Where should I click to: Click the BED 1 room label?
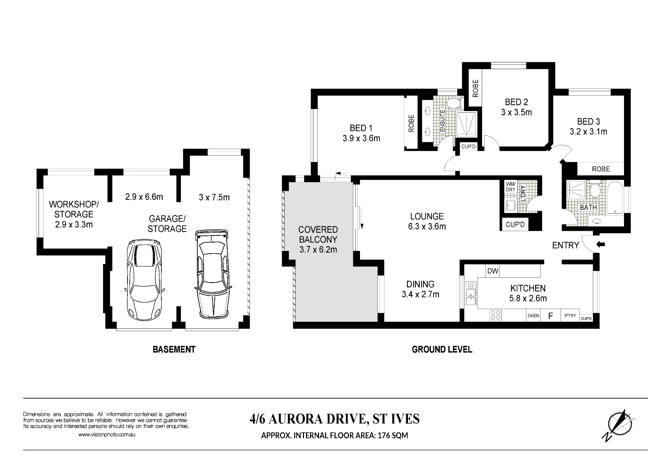pos(361,128)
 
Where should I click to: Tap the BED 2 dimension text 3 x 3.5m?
pos(517,112)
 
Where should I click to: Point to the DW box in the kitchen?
pos(493,271)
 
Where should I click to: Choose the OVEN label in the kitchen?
pos(533,316)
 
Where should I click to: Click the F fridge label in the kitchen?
pos(550,316)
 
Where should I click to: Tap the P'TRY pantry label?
pos(570,316)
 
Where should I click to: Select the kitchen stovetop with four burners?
pos(496,315)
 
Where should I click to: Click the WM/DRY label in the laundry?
pos(510,187)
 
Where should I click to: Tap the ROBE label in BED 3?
pos(601,169)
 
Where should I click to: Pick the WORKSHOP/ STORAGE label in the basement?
pos(74,209)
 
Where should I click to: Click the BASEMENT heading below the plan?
pos(174,350)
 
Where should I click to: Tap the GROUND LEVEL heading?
pos(442,350)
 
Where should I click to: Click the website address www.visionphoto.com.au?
pos(107,434)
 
